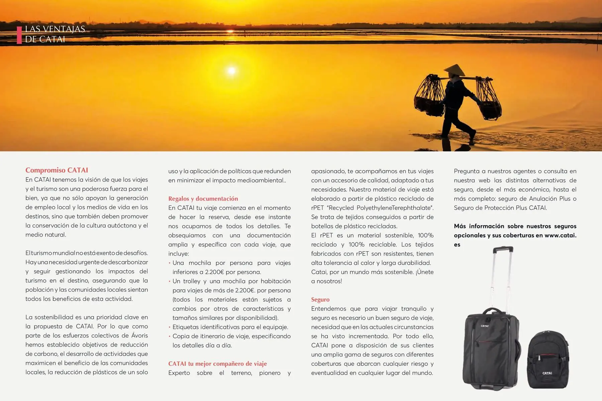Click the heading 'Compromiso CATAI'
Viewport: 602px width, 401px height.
(57, 170)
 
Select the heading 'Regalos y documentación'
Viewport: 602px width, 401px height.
(203, 198)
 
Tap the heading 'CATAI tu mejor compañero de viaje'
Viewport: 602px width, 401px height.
(217, 364)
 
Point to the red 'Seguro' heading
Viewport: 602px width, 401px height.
(320, 299)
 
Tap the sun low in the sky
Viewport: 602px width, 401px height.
(230, 31)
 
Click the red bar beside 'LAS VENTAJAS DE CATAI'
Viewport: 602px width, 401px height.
(19, 34)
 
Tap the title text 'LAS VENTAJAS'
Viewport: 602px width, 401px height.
(55, 29)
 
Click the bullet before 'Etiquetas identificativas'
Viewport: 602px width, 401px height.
(170, 327)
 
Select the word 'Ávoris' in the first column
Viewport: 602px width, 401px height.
(139, 336)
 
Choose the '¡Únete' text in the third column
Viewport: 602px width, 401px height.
(424, 272)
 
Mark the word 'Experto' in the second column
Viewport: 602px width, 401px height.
(179, 373)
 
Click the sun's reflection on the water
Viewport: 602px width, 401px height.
(231, 71)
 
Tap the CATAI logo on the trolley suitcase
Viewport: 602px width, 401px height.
(485, 326)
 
